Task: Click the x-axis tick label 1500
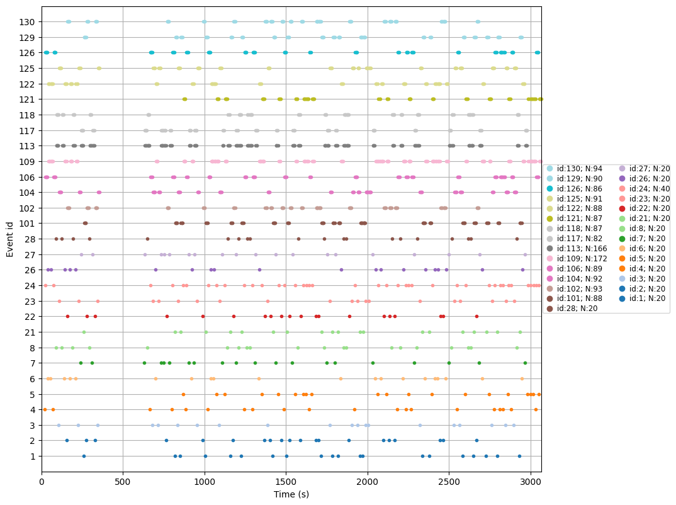coord(286,482)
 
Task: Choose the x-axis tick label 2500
coord(449,482)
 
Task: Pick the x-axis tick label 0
coord(42,482)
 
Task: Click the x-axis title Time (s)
coord(291,495)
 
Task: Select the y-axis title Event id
coord(9,239)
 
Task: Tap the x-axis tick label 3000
coord(531,482)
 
